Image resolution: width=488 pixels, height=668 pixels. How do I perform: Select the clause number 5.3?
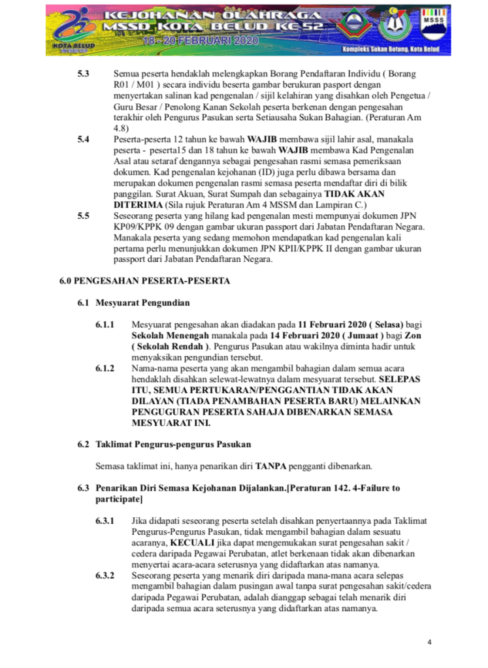84,74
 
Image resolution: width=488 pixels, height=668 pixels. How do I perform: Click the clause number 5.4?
84,139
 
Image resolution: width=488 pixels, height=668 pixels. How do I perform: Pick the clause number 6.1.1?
105,325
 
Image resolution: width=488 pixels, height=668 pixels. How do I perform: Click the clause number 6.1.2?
105,368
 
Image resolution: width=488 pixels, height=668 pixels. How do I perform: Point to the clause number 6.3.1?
105,521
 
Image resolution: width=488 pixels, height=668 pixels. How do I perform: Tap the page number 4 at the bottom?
429,642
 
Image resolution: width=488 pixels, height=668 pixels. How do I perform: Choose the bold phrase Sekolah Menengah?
165,336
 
